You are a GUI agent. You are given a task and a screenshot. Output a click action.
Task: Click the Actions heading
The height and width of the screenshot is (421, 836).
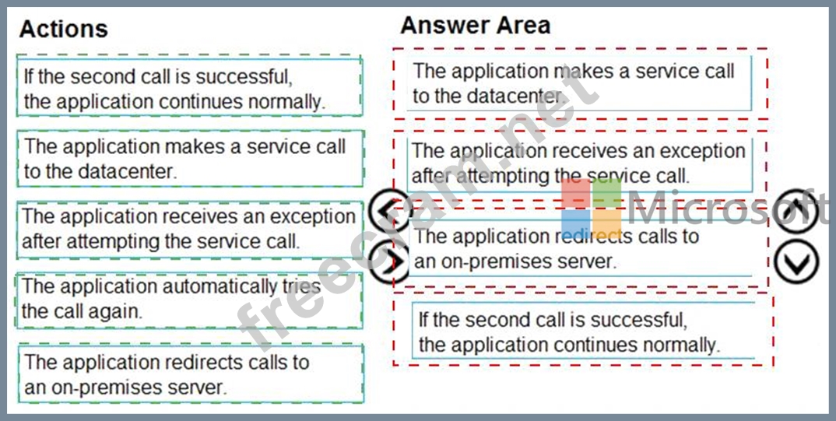(x=63, y=29)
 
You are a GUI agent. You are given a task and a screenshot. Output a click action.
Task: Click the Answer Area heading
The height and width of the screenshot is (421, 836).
(x=475, y=25)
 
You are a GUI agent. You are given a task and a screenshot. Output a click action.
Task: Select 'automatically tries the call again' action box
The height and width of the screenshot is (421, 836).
(x=189, y=300)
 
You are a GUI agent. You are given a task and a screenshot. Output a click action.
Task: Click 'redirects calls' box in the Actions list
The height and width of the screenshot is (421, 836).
(x=189, y=374)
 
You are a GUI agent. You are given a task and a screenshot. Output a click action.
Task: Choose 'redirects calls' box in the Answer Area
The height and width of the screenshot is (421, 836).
(x=581, y=249)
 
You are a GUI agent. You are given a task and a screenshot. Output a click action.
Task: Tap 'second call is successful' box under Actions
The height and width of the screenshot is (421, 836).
(x=189, y=89)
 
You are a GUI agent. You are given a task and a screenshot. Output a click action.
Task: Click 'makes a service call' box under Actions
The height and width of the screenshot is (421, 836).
(x=189, y=159)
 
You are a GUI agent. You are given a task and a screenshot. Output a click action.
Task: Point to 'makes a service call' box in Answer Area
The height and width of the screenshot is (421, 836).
(x=579, y=82)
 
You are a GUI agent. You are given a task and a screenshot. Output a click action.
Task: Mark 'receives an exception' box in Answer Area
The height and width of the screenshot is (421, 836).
(x=579, y=164)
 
